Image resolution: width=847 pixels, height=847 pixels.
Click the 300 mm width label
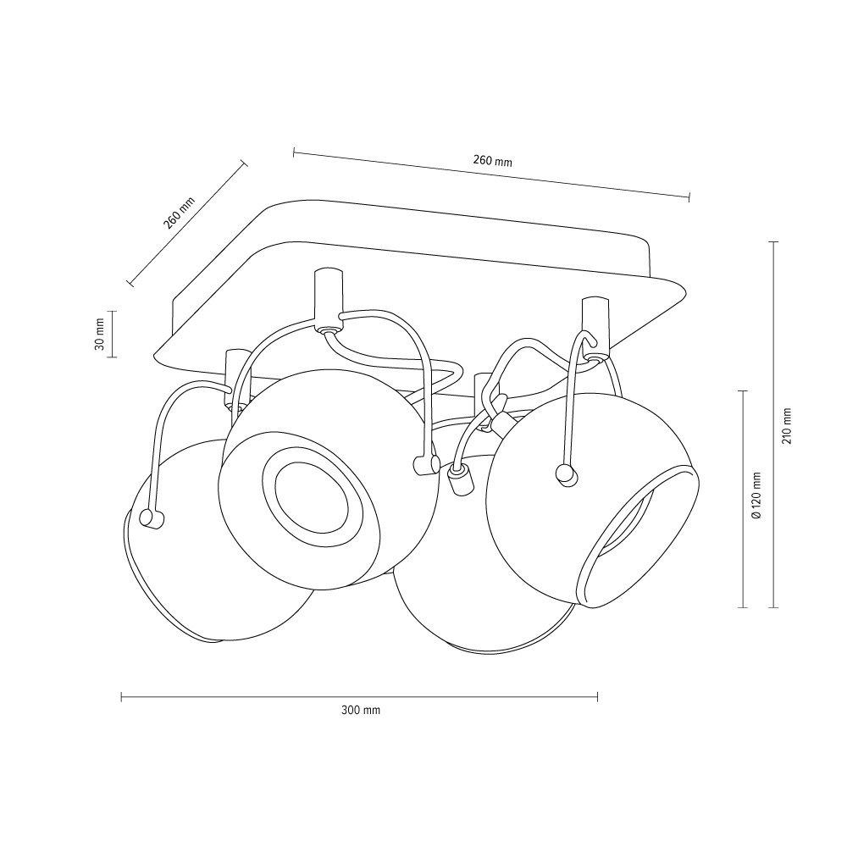pyautogui.click(x=360, y=710)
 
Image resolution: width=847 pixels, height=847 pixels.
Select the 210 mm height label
pyautogui.click(x=787, y=426)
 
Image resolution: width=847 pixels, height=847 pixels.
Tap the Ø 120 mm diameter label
pyautogui.click(x=756, y=495)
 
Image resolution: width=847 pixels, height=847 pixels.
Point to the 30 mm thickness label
pyautogui.click(x=99, y=334)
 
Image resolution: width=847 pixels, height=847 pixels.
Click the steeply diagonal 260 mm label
pyautogui.click(x=179, y=213)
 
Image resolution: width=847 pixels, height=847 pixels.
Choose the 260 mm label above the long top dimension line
pyautogui.click(x=492, y=160)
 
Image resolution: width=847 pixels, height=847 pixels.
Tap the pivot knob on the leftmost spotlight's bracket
pyautogui.click(x=151, y=518)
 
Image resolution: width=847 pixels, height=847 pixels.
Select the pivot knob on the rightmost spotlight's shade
pyautogui.click(x=567, y=475)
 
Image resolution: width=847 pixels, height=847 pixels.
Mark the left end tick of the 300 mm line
pyautogui.click(x=121, y=697)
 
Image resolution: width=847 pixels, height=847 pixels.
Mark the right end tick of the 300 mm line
pyautogui.click(x=597, y=697)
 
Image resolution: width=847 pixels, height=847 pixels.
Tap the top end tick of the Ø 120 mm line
pyautogui.click(x=743, y=390)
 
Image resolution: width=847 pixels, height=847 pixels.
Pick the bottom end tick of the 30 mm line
pyautogui.click(x=112, y=357)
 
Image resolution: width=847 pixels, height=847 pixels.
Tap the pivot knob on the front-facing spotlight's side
pyautogui.click(x=426, y=465)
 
